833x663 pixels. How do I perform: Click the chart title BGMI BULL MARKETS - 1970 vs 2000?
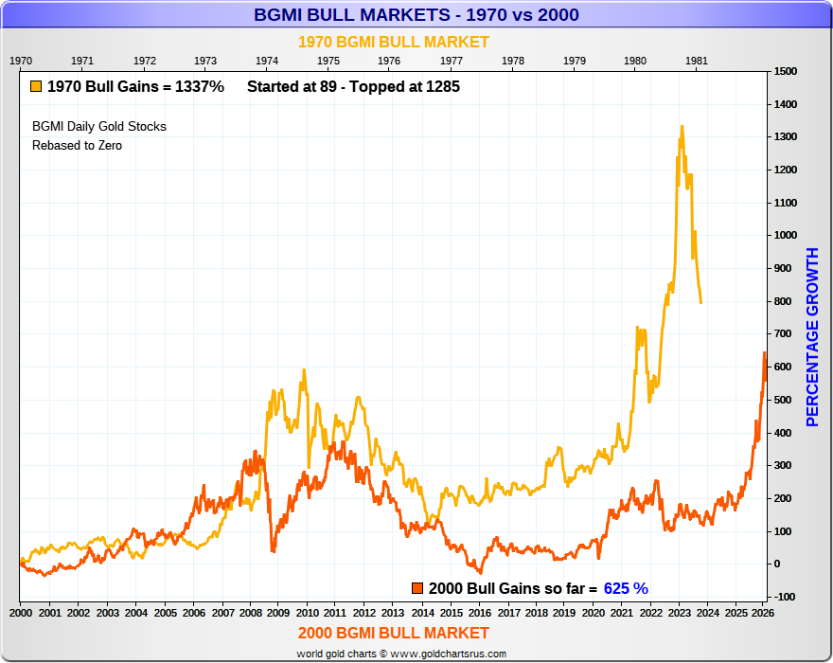[416, 15]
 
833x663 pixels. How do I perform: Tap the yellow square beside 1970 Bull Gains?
[36, 86]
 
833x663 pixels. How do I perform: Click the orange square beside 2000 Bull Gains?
[417, 588]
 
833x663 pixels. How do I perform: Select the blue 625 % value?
[626, 588]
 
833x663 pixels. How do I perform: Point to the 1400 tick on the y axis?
[785, 104]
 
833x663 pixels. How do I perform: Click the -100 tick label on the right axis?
[785, 597]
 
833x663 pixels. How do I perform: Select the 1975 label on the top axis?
[328, 61]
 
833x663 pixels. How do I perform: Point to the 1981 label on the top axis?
[697, 61]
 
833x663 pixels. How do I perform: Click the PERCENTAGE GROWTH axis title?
[812, 336]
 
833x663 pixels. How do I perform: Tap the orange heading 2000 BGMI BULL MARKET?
[394, 633]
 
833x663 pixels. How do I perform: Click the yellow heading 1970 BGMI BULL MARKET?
[394, 42]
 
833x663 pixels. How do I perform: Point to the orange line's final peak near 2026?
[765, 353]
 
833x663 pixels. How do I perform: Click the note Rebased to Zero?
[77, 145]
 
